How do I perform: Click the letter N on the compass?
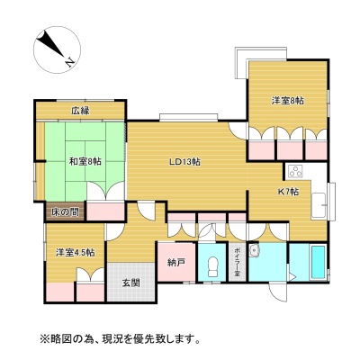[70, 62]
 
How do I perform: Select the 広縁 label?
[80, 112]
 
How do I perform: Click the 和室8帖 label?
[85, 162]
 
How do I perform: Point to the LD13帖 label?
[184, 162]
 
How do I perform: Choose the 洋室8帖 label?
[288, 101]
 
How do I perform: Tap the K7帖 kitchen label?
[288, 192]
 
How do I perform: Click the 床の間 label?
[65, 212]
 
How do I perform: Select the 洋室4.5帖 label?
[75, 253]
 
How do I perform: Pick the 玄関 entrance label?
[131, 283]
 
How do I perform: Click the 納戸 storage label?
[175, 263]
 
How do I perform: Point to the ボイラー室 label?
[237, 263]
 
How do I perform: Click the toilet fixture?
[213, 266]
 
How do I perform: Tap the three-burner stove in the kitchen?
[295, 172]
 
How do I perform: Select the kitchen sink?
[319, 205]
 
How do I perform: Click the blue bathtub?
[319, 263]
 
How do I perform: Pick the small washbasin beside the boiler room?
[254, 250]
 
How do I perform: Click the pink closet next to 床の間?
[105, 211]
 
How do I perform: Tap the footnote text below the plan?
[120, 339]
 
